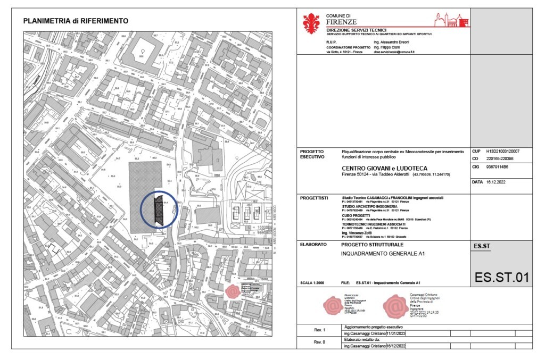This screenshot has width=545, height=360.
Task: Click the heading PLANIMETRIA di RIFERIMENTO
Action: click(76, 21)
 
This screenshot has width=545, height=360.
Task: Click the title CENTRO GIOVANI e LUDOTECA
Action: click(383, 168)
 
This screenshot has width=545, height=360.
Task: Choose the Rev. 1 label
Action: click(316, 330)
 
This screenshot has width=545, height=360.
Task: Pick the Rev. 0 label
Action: click(316, 342)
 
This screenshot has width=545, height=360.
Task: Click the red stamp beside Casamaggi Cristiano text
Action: click(395, 305)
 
